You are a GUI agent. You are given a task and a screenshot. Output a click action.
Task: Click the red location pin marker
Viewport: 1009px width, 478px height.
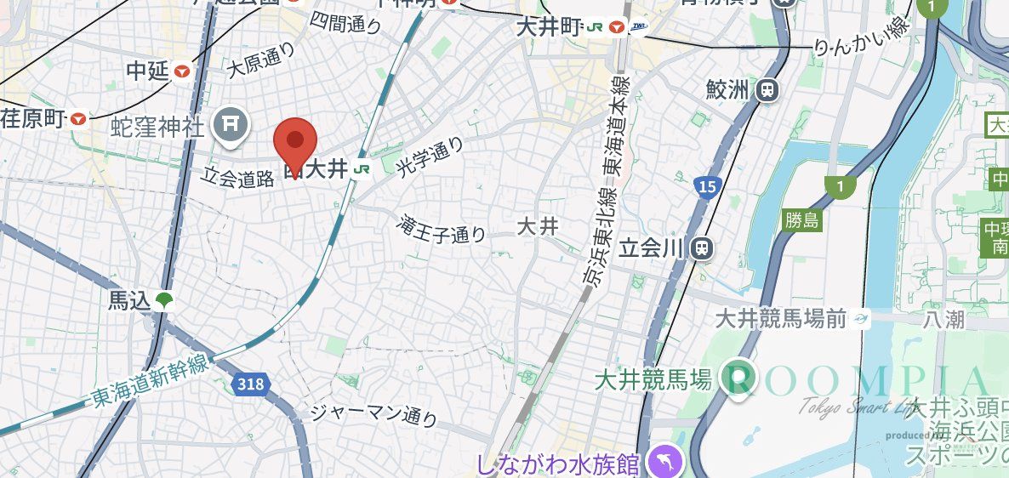point(294,142)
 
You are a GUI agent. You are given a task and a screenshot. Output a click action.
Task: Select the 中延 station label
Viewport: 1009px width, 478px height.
point(147,71)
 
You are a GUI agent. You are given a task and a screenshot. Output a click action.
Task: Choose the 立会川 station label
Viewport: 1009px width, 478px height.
point(651,248)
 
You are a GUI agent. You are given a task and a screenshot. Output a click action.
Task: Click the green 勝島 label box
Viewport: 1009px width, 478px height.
point(801,222)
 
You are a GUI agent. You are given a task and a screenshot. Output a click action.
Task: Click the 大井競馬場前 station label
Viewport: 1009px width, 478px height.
point(781,319)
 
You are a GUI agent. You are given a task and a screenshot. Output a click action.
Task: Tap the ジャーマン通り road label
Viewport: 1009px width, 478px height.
point(373,414)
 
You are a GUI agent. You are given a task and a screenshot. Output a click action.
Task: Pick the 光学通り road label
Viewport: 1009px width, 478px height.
point(430,157)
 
